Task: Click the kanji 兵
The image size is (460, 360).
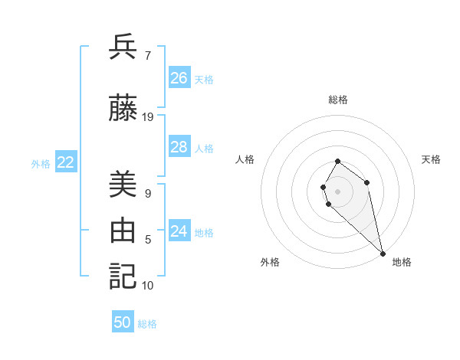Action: (x=123, y=47)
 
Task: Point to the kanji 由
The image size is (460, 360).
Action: (x=123, y=231)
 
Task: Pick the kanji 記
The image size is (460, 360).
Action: (x=123, y=275)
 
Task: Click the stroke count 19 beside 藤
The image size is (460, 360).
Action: (x=148, y=117)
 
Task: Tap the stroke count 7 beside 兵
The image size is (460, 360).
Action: (x=148, y=55)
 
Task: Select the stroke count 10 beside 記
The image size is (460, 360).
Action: (x=148, y=286)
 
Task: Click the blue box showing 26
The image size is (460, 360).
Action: (x=179, y=78)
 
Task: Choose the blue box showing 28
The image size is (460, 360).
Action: (x=179, y=147)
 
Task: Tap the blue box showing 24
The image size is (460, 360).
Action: (x=179, y=231)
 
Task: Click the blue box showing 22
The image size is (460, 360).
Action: (x=66, y=162)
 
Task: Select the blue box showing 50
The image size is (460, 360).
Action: (x=123, y=322)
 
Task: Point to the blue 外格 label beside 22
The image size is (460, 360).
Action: (x=41, y=163)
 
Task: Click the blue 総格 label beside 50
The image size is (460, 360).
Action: (x=147, y=324)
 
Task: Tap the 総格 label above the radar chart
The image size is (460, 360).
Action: (x=338, y=100)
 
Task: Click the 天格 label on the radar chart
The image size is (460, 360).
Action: (x=431, y=159)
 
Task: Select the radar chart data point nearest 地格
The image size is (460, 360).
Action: (x=383, y=253)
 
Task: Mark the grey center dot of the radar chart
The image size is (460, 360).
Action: (x=337, y=191)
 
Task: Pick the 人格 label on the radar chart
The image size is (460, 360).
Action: (x=245, y=159)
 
